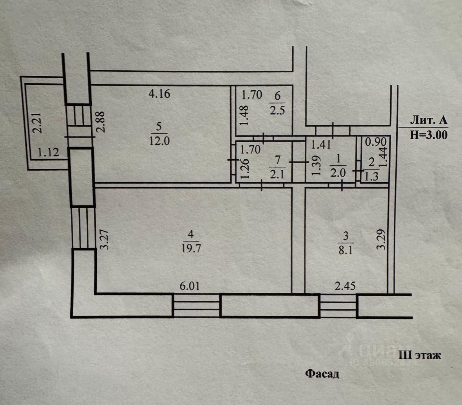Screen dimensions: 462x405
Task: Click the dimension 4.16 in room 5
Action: point(159,94)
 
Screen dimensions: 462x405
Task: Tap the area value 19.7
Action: point(191,249)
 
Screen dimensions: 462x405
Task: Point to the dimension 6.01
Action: point(189,286)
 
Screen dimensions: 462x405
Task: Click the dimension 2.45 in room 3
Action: point(345,286)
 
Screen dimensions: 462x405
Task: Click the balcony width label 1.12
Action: point(48,152)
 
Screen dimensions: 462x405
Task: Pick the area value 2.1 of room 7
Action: point(278,175)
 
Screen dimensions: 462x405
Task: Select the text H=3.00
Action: point(429,135)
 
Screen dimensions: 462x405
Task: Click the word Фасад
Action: point(322,374)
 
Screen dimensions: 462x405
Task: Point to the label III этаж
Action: point(419,355)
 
